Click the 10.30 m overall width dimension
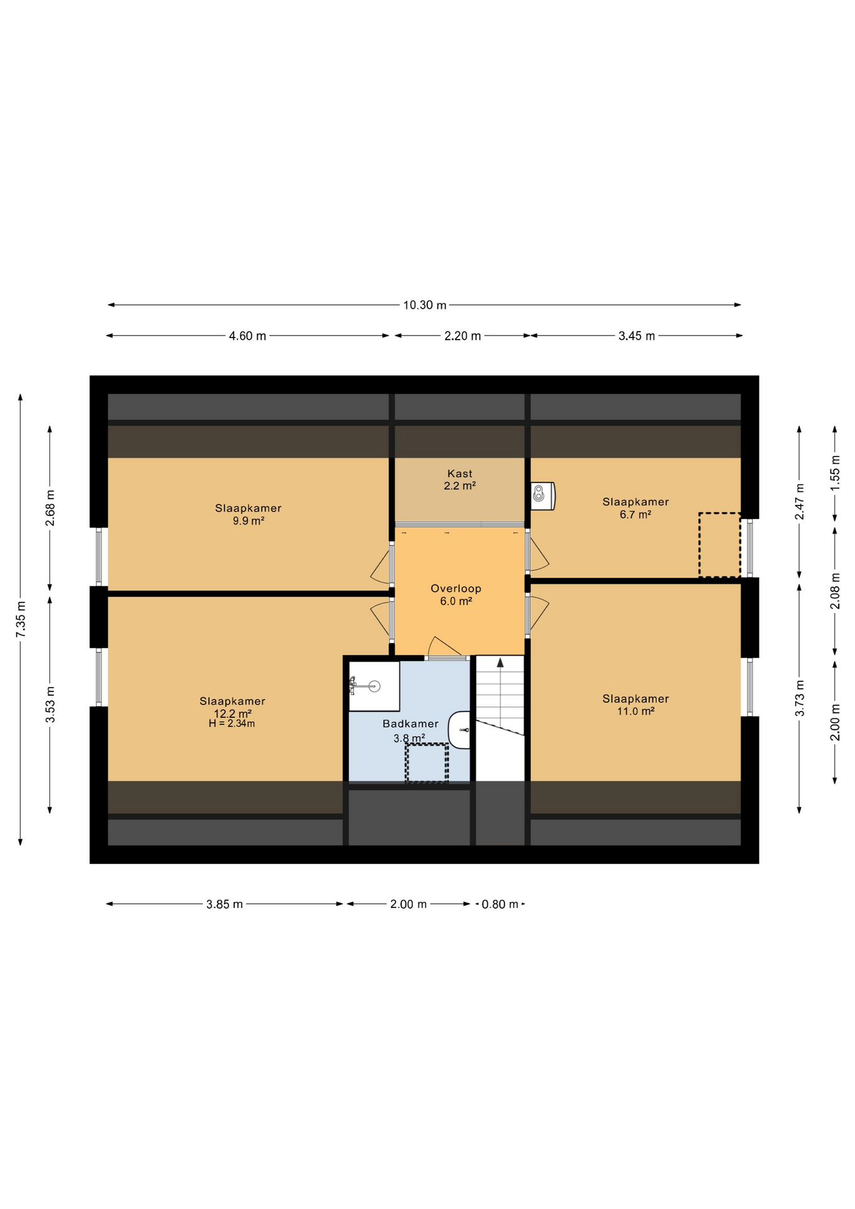click(424, 305)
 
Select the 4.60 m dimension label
click(247, 336)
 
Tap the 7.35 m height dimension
click(21, 619)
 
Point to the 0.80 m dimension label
click(500, 904)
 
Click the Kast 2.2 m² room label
click(460, 480)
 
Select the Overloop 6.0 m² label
click(456, 594)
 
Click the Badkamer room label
click(410, 724)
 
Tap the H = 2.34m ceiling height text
click(232, 724)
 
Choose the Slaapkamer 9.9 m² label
click(248, 514)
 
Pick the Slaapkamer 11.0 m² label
click(635, 705)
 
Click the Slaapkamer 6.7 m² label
click(635, 508)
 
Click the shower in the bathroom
click(374, 686)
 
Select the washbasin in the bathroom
click(460, 730)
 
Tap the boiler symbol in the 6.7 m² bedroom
click(542, 496)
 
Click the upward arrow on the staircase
click(500, 663)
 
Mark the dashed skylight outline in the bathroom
click(426, 763)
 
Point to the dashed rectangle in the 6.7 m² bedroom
click(719, 545)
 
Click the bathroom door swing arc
click(443, 647)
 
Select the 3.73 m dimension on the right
click(800, 698)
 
